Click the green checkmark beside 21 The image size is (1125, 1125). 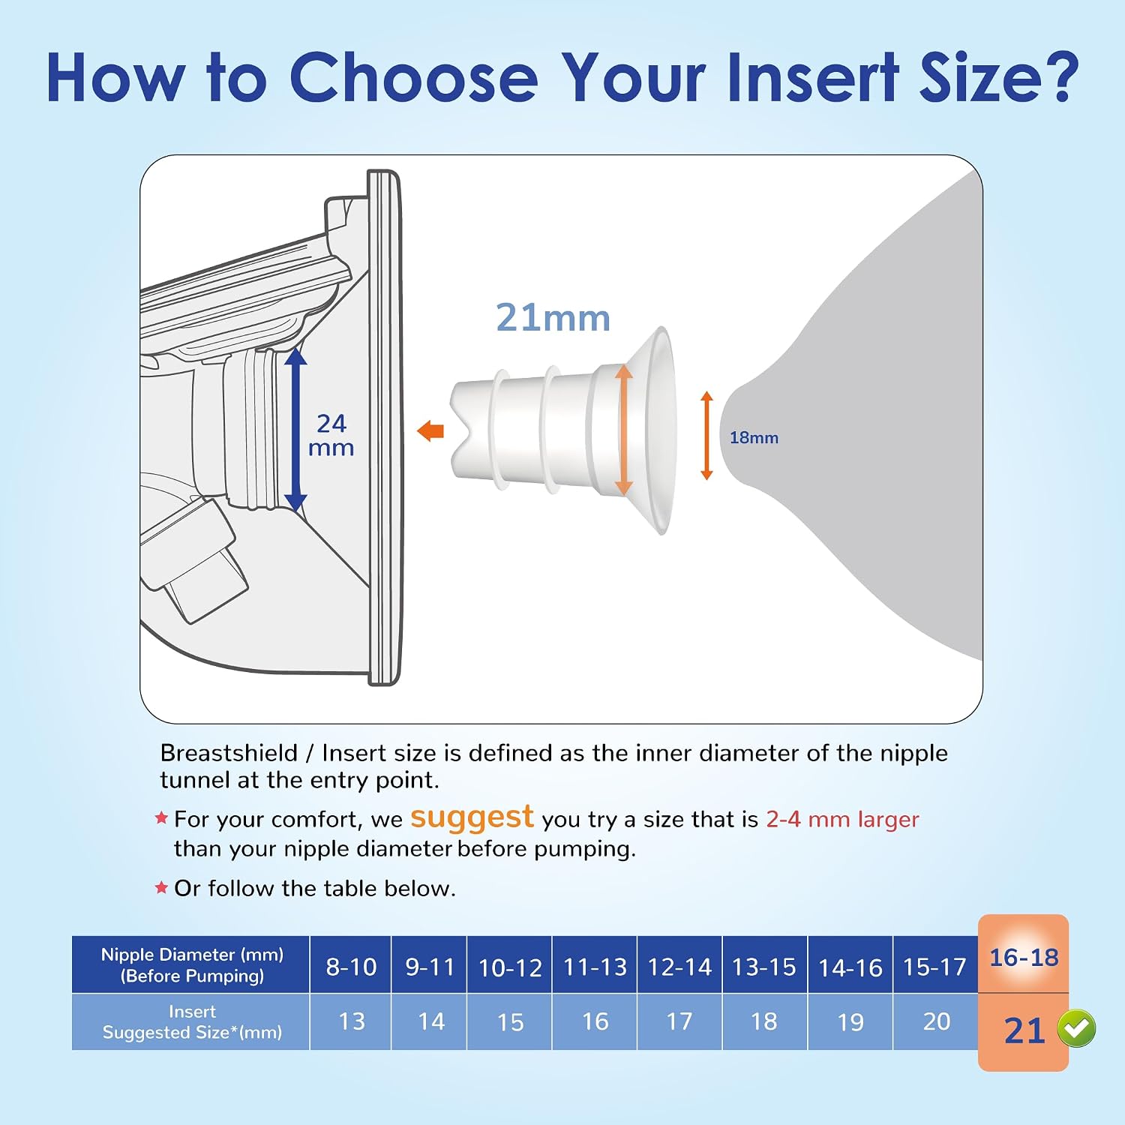[x=1076, y=1028]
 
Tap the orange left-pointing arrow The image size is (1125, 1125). [x=430, y=431]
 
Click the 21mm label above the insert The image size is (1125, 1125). [x=553, y=317]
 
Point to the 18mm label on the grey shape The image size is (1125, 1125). [x=754, y=437]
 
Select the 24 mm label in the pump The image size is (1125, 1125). [x=331, y=435]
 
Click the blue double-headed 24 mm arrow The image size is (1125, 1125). [x=295, y=430]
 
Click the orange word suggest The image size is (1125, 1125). [x=472, y=817]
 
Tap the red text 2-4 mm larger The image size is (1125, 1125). [x=842, y=819]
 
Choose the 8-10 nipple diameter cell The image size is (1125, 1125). [x=351, y=966]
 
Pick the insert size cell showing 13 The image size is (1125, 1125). [x=351, y=1021]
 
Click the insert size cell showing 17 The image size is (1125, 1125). [x=679, y=1021]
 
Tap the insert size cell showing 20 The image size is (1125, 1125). [x=936, y=1021]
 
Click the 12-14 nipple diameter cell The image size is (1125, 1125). [x=679, y=966]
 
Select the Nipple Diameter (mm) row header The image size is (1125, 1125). [x=191, y=964]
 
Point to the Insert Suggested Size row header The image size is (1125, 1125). [x=191, y=1021]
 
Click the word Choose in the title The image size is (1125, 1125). [x=413, y=77]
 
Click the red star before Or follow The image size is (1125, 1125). [x=160, y=888]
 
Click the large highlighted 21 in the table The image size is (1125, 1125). [x=1024, y=1031]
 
